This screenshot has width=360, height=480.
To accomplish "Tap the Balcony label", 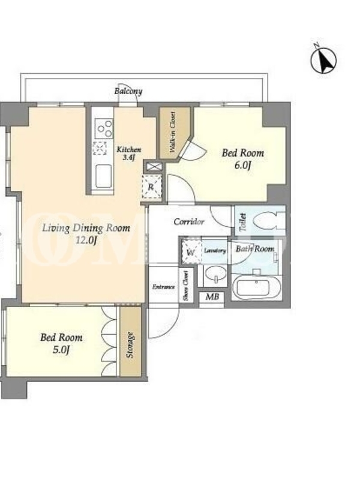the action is pyautogui.click(x=128, y=91).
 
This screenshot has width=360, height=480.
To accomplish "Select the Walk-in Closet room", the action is pyautogui.click(x=175, y=133).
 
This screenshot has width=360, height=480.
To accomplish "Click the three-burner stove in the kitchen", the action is pyautogui.click(x=104, y=128).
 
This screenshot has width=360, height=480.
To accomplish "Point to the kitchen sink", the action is pyautogui.click(x=104, y=176).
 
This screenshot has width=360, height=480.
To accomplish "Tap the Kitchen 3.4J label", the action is pyautogui.click(x=129, y=154).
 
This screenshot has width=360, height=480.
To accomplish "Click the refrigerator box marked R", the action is pyautogui.click(x=151, y=187).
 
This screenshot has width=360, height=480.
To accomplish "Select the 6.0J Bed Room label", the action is pyautogui.click(x=243, y=159).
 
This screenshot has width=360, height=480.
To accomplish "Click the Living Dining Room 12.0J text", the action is pyautogui.click(x=86, y=234).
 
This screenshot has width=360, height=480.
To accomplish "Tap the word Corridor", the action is pyautogui.click(x=189, y=221).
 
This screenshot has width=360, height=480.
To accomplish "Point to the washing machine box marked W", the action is pyautogui.click(x=191, y=252).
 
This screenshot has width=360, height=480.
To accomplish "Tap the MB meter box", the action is pyautogui.click(x=212, y=296).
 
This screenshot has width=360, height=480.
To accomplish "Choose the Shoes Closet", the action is pyautogui.click(x=186, y=286).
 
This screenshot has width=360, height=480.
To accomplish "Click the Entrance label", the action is pyautogui.click(x=164, y=287).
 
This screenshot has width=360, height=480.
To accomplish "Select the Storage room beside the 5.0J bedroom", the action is pyautogui.click(x=131, y=341).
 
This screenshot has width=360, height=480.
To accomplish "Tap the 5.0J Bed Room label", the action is pyautogui.click(x=61, y=343).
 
